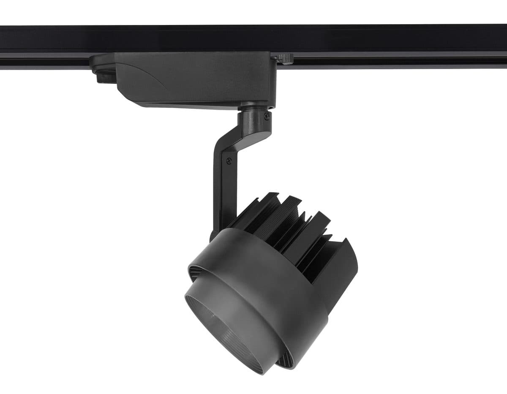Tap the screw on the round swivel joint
tap(266, 116)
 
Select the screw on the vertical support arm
tap(229, 160)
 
